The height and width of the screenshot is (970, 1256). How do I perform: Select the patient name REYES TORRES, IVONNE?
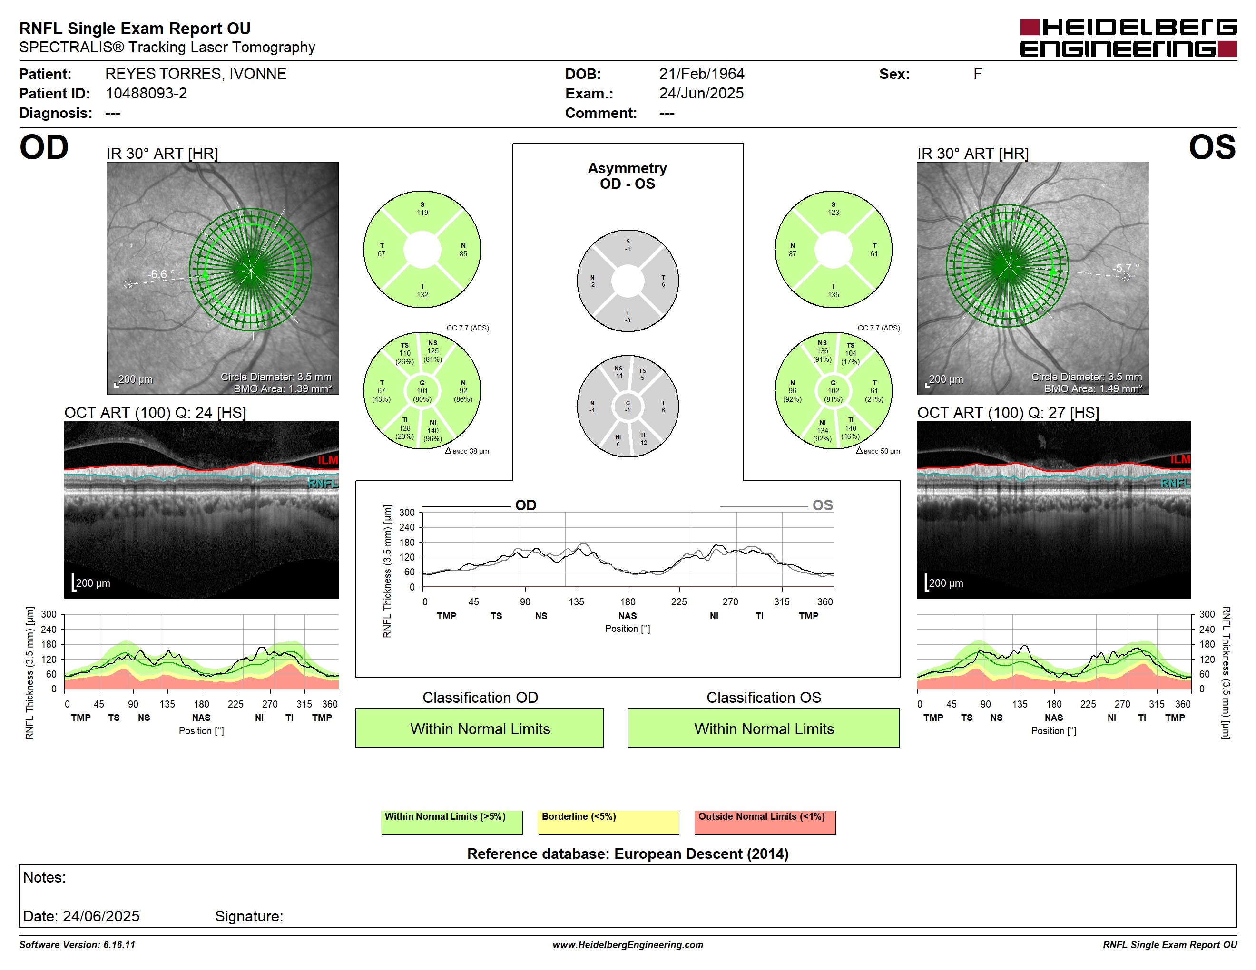click(196, 74)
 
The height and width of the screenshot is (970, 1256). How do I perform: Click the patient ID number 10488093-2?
click(146, 93)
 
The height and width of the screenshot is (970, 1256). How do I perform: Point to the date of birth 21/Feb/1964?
click(702, 74)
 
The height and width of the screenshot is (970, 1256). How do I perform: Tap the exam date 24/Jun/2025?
click(702, 93)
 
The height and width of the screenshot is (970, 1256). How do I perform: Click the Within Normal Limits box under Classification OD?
click(480, 728)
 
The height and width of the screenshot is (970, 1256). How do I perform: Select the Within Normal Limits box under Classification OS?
click(764, 728)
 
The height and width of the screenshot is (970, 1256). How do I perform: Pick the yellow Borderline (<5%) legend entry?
click(608, 822)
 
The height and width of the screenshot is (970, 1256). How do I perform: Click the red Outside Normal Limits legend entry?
click(765, 822)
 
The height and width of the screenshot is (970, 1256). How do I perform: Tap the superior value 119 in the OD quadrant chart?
click(422, 213)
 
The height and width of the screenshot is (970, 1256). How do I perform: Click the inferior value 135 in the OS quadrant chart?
click(834, 295)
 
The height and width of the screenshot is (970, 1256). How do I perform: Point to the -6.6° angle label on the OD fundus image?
click(160, 274)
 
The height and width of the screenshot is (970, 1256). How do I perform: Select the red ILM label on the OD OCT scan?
click(328, 460)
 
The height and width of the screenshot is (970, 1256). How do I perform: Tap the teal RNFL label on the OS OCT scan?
click(1176, 483)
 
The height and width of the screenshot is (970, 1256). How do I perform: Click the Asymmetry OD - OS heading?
click(628, 176)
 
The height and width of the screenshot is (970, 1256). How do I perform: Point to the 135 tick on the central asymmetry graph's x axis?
click(576, 601)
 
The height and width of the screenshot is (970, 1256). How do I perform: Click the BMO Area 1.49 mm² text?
click(1093, 388)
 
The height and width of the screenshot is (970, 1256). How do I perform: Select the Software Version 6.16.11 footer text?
click(77, 945)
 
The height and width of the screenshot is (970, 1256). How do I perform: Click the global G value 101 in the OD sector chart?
click(422, 391)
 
